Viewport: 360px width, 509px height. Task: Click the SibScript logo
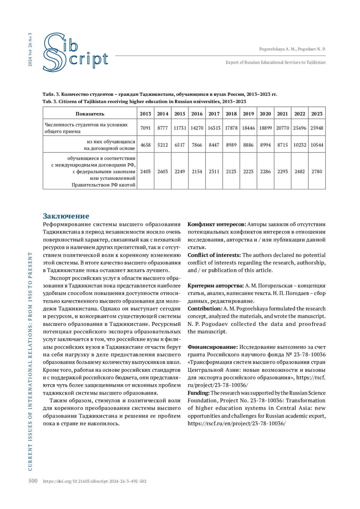pos(75,52)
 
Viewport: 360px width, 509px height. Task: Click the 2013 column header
pos(145,114)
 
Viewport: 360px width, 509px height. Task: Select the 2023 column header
pos(317,114)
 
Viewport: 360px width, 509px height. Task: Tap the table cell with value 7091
pos(145,128)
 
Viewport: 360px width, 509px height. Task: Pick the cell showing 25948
pos(317,128)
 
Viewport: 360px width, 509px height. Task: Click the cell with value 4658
pos(145,145)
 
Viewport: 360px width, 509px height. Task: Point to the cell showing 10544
pos(317,145)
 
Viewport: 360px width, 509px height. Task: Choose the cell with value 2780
pos(317,172)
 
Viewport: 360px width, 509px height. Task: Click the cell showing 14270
pos(197,128)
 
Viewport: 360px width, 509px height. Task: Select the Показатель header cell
pos(90,114)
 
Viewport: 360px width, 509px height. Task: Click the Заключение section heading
pos(66,216)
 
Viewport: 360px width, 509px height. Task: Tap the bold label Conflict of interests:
pos(214,255)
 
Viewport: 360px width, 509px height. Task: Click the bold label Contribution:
pos(205,309)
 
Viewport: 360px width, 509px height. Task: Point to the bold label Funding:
pos(198,393)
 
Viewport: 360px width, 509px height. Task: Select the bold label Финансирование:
pos(213,347)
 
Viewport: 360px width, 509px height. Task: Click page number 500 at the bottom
pos(33,481)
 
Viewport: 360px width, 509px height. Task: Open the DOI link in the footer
pos(94,481)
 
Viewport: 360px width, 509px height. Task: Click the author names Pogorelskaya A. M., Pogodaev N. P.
pos(292,49)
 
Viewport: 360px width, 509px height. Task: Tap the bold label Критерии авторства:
pos(216,286)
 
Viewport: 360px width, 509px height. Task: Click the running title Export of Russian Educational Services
pos(275,62)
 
